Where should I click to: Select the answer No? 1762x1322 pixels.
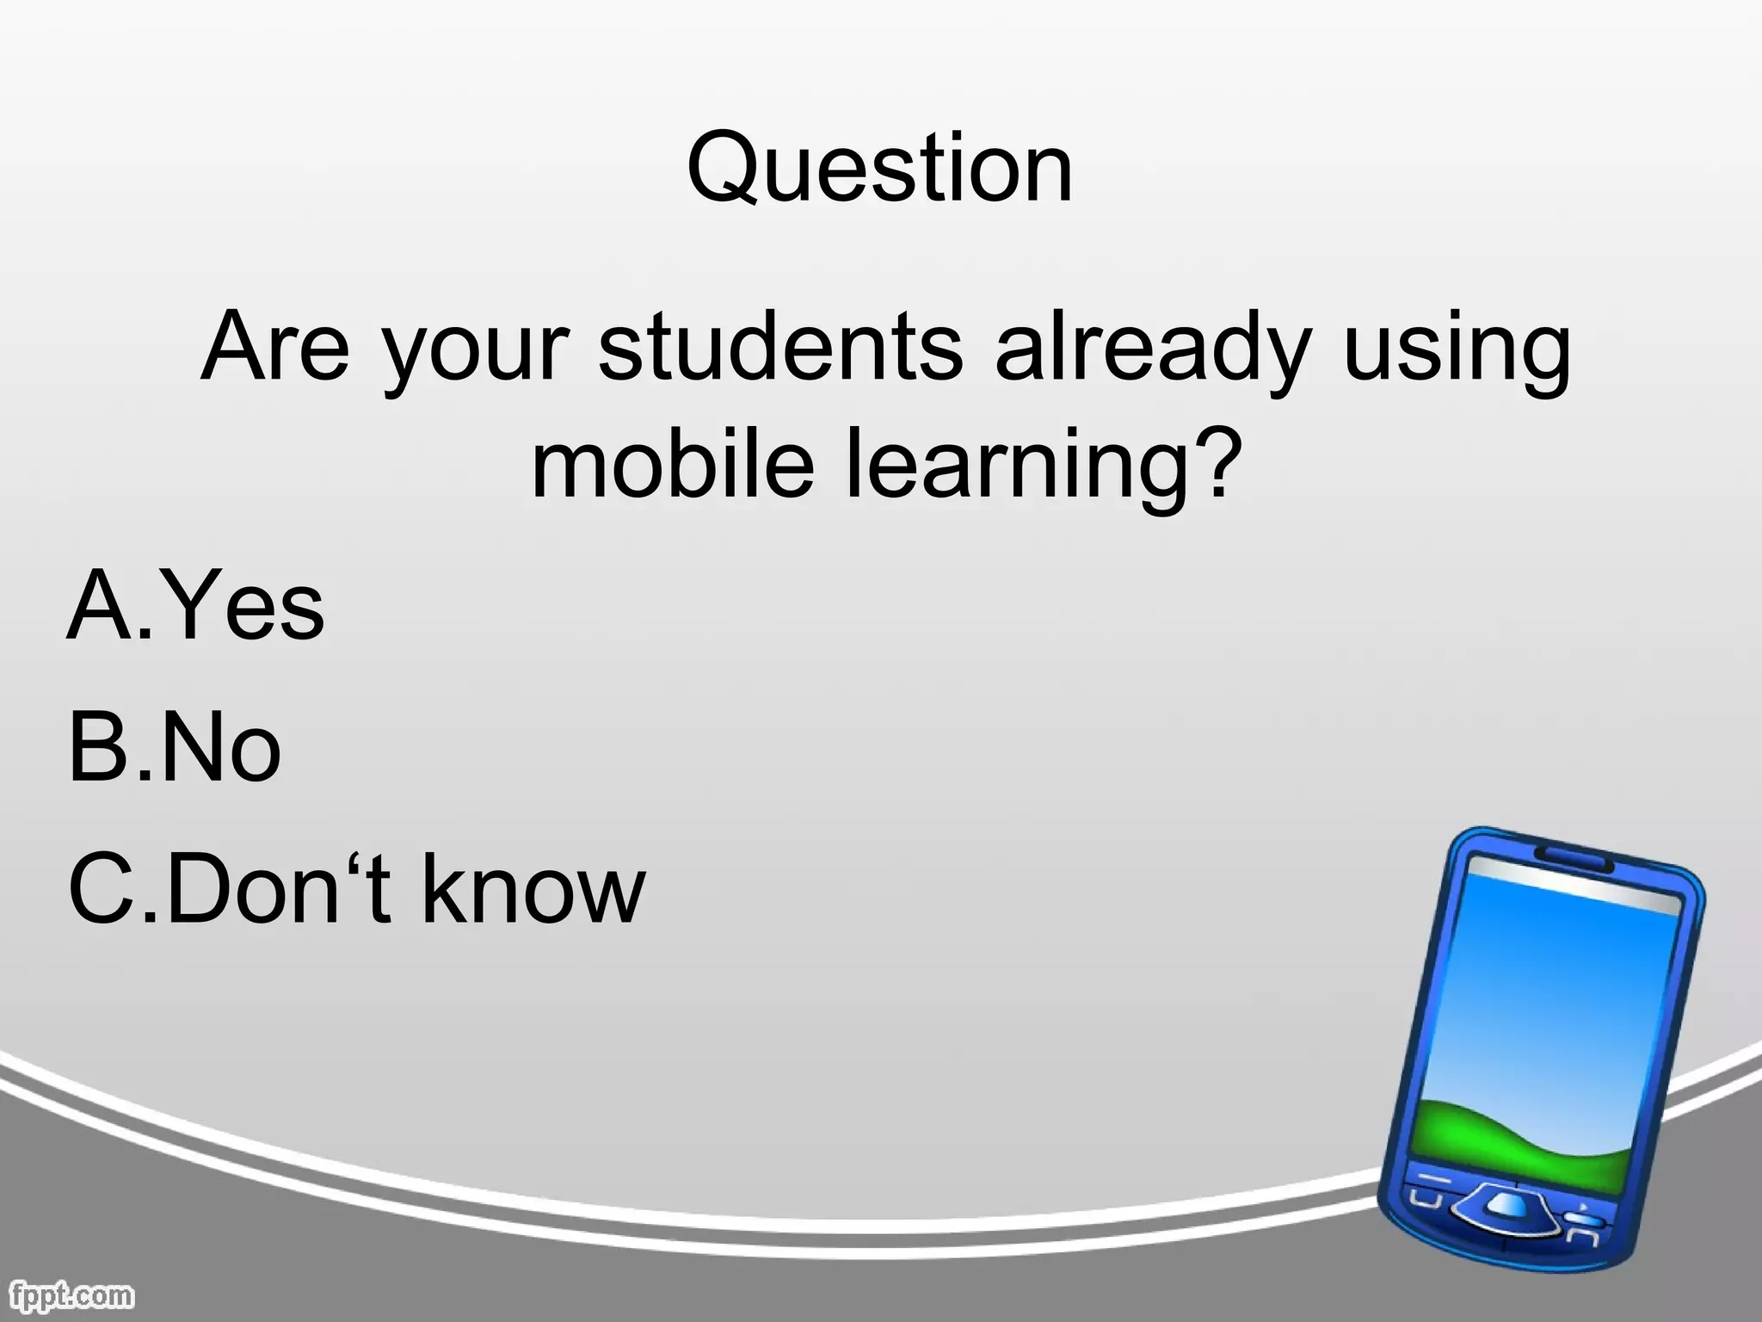[220, 747]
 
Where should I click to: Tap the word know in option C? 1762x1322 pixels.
[533, 888]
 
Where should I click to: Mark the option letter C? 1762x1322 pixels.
[102, 888]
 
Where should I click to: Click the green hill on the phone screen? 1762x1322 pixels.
[1531, 1136]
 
